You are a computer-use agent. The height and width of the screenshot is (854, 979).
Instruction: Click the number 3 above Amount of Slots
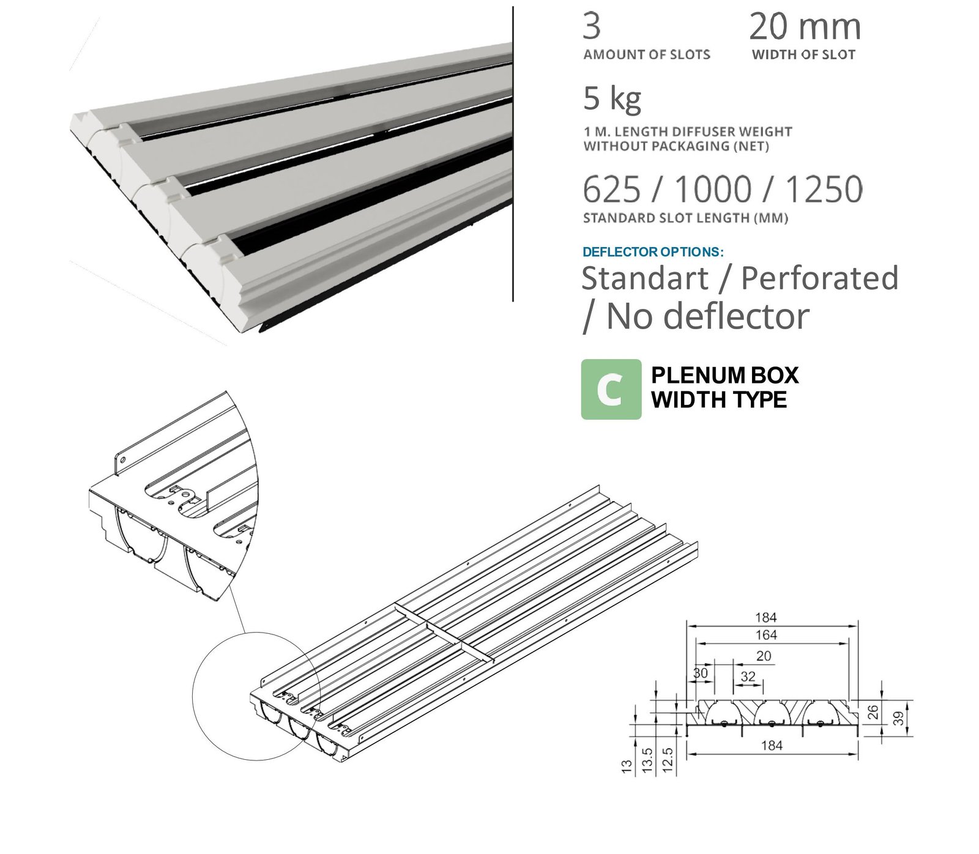click(592, 26)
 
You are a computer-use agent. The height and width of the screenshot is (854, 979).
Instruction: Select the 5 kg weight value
click(612, 99)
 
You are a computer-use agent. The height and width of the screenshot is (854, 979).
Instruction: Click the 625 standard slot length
click(612, 189)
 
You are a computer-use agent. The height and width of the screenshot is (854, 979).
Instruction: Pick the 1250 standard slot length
click(824, 189)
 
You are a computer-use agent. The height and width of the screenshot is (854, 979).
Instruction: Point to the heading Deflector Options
click(653, 252)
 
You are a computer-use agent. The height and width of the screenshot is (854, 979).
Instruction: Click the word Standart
click(645, 278)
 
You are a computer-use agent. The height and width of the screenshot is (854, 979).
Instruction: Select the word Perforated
click(819, 278)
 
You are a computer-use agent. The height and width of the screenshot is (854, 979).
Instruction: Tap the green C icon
click(611, 389)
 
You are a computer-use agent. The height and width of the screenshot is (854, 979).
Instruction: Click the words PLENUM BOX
click(724, 375)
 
